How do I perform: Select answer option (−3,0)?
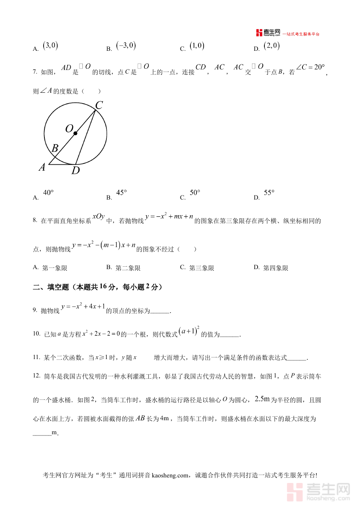[126, 46]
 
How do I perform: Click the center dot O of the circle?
[75, 133]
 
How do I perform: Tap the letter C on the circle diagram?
[99, 105]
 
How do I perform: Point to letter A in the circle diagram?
[42, 168]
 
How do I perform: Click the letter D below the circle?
[76, 171]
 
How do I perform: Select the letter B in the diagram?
[55, 149]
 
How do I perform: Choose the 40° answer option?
[48, 193]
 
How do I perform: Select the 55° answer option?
[270, 193]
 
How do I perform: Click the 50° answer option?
[195, 193]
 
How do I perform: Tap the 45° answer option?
[122, 193]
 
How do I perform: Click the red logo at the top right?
[268, 33]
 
